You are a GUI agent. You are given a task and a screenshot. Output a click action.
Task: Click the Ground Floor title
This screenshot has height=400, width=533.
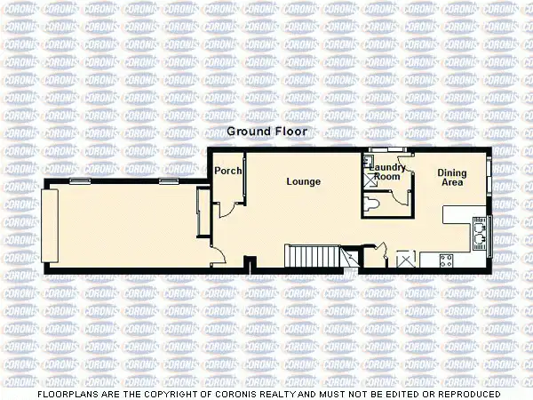point(266,131)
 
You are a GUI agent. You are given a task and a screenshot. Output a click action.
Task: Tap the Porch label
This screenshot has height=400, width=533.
point(222,172)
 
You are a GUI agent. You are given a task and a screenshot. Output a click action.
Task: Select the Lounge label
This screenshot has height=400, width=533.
point(303,181)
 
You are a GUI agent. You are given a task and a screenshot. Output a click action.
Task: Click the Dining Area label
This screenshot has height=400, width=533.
point(452,177)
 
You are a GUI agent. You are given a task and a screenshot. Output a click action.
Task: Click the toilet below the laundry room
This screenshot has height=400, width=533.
point(375,205)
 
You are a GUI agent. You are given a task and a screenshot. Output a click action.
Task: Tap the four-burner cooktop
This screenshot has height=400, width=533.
point(447,260)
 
